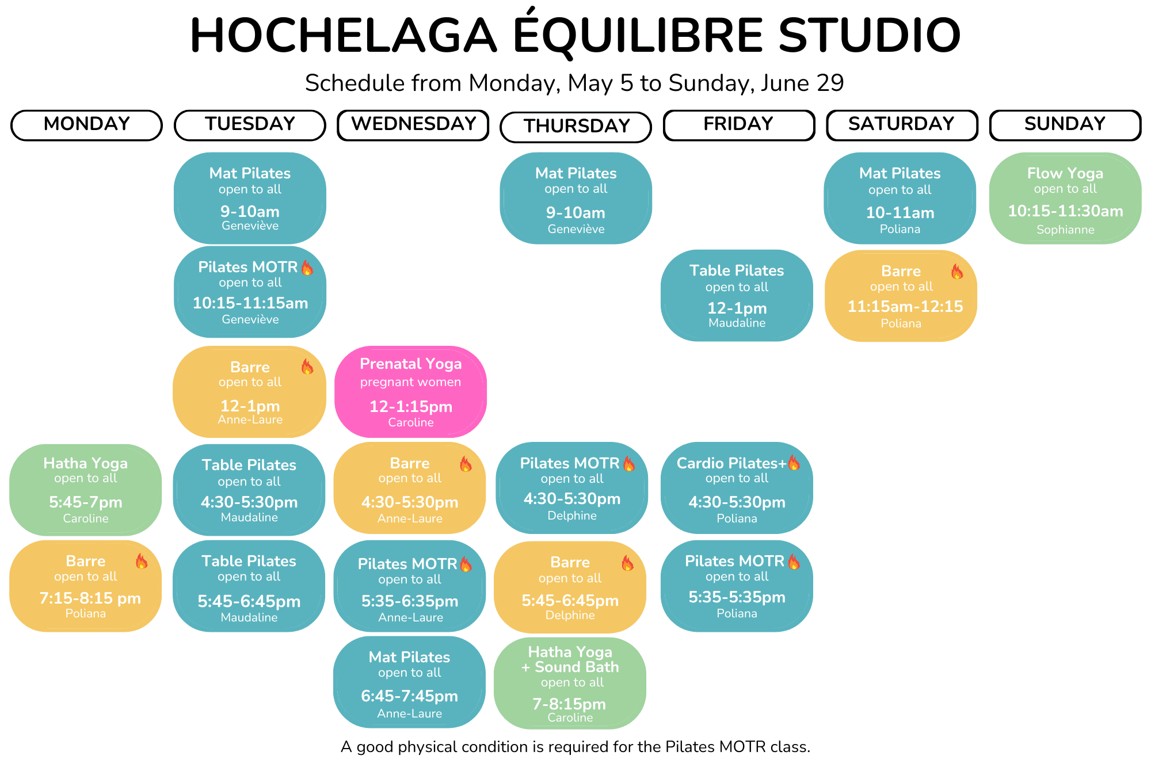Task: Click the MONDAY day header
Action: (86, 125)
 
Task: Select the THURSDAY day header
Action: (576, 127)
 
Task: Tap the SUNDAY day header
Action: (1065, 125)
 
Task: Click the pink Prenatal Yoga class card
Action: (410, 392)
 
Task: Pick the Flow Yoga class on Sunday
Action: (1065, 198)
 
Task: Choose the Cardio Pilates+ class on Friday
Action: (737, 488)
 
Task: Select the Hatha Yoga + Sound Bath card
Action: (570, 683)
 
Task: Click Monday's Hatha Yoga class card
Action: (85, 490)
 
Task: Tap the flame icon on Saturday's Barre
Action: (957, 271)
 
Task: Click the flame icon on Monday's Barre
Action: (142, 561)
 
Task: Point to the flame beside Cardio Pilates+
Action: (794, 463)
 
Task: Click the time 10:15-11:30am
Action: (1065, 211)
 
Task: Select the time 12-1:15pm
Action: (410, 407)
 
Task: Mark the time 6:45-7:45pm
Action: (409, 696)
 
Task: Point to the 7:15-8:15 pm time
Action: (90, 598)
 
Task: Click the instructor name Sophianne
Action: (1065, 230)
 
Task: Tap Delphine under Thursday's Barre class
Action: (570, 615)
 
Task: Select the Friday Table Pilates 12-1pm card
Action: (737, 295)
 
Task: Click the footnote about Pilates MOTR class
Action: (575, 747)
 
